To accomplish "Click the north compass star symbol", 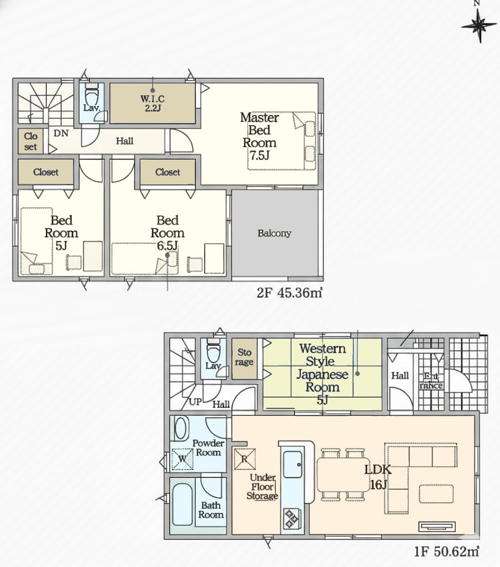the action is (x=479, y=25).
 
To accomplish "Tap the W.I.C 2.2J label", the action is (x=153, y=103).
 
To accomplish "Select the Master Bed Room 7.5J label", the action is (x=259, y=136).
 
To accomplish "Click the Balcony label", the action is (x=274, y=233).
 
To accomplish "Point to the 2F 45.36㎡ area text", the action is (x=289, y=292).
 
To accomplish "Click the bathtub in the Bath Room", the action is (x=182, y=504).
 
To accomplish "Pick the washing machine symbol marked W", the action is (x=182, y=459).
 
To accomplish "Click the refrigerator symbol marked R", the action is (x=244, y=459).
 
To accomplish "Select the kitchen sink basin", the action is (x=293, y=465).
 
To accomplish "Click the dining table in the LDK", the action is (x=343, y=475).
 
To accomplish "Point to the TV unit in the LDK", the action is (x=437, y=527).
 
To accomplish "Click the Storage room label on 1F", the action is (x=244, y=357).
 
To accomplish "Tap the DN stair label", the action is (x=61, y=133).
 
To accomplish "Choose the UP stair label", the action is (x=195, y=402).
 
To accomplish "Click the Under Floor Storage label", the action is (x=263, y=487).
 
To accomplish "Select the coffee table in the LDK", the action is (x=436, y=493).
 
